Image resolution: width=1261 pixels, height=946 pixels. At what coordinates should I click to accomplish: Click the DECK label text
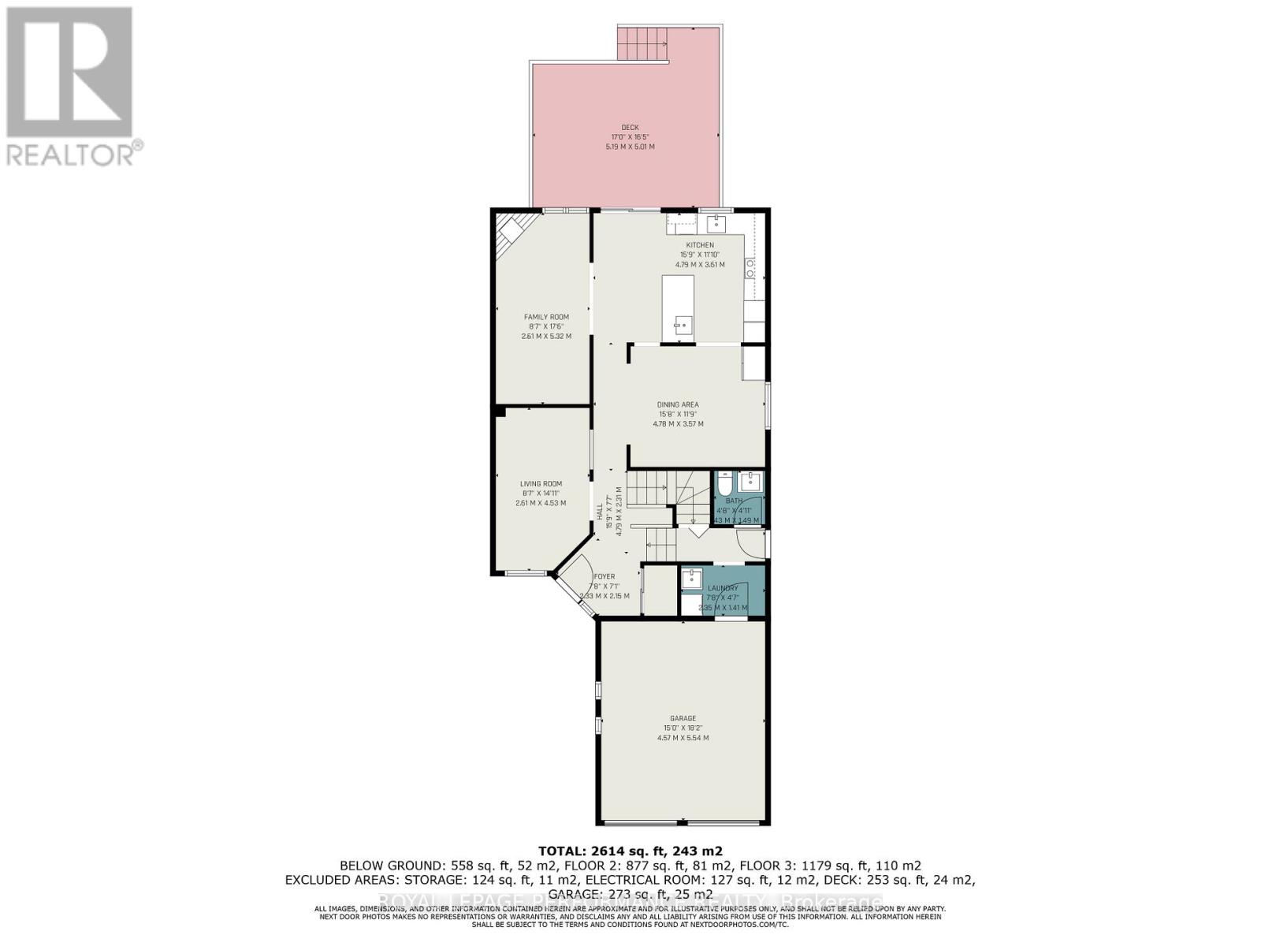click(x=630, y=127)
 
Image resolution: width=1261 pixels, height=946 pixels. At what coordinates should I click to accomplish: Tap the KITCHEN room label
click(x=698, y=245)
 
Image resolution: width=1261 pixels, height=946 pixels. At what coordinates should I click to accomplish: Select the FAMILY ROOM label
click(x=546, y=317)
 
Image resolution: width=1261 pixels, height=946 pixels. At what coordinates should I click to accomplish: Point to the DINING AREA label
click(x=679, y=404)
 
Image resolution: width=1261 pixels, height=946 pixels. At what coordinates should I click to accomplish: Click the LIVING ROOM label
click(x=541, y=484)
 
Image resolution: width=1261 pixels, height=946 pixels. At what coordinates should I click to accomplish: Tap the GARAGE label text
click(x=683, y=718)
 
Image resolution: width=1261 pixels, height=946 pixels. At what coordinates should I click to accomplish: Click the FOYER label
click(x=604, y=576)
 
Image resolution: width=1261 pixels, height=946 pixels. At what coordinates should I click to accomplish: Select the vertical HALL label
click(x=600, y=511)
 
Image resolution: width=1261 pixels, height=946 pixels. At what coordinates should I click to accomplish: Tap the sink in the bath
click(x=751, y=481)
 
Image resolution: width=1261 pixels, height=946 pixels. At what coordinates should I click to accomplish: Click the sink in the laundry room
click(x=692, y=579)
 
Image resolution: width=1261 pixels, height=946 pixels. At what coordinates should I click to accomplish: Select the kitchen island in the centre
click(x=678, y=307)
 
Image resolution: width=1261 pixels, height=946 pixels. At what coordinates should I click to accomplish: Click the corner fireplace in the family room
click(x=508, y=233)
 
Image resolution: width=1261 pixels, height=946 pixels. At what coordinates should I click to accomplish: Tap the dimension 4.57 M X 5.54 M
click(x=683, y=738)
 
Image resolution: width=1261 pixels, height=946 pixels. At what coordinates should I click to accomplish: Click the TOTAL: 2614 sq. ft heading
click(x=630, y=851)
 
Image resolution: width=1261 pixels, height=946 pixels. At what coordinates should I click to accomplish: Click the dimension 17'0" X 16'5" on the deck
click(x=630, y=137)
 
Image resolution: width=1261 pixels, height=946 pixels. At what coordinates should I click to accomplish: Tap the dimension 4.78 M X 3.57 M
click(x=678, y=423)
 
